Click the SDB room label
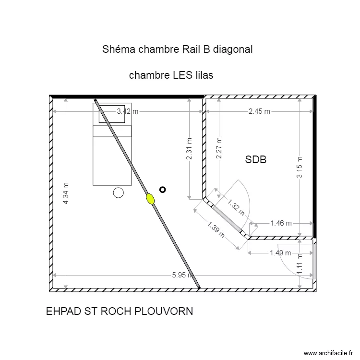[x=255, y=160]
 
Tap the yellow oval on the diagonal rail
[x=151, y=198]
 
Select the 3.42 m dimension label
[x=128, y=112]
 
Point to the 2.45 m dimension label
[x=259, y=112]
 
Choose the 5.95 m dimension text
[x=182, y=275]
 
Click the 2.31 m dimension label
[x=189, y=149]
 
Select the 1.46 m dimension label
[x=281, y=223]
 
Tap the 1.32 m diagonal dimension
[x=236, y=208]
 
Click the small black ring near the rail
[x=163, y=190]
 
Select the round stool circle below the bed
[x=118, y=192]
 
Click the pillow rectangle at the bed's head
[x=115, y=113]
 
